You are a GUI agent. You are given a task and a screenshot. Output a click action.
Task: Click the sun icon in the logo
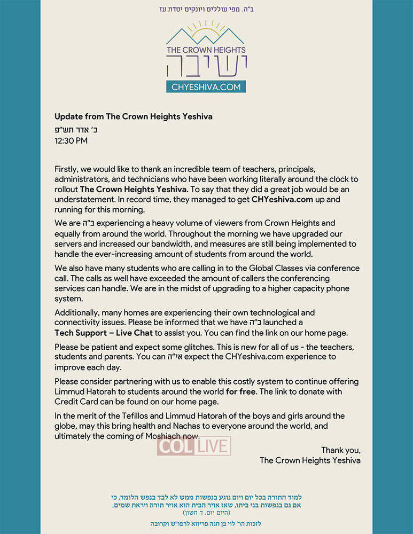[206, 30]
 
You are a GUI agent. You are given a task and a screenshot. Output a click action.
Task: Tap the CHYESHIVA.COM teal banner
[206, 87]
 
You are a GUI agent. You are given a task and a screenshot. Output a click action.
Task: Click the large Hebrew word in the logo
[206, 66]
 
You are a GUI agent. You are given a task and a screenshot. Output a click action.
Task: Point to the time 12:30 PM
[71, 141]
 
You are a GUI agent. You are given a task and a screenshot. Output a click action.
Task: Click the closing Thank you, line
[340, 450]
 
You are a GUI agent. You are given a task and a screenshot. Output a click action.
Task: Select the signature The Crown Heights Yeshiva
[310, 460]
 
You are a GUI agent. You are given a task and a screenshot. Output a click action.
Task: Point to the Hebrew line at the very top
[206, 9]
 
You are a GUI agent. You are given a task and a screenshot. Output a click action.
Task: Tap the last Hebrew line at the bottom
[206, 524]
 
